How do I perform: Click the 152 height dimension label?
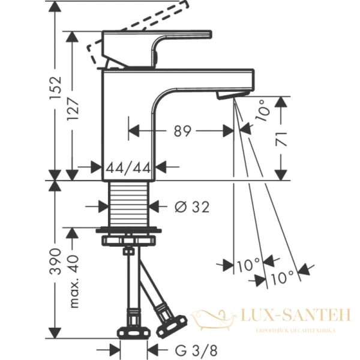[56, 90]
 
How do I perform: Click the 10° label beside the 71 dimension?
[262, 111]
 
